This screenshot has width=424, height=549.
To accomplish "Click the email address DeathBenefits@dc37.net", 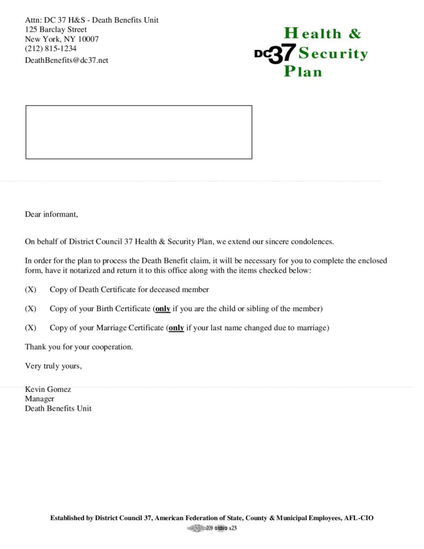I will click(x=66, y=60).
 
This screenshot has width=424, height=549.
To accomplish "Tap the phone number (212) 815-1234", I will click(x=51, y=49).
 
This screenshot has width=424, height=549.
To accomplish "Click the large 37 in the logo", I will click(x=282, y=54).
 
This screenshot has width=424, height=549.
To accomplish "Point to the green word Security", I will click(x=333, y=54).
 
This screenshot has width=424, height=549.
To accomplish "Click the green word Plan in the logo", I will click(x=303, y=71).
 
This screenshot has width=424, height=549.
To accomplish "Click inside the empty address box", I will click(x=138, y=132).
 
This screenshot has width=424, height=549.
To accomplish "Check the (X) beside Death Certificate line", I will click(x=31, y=290).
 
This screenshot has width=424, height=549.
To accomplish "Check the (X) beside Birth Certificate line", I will click(x=31, y=309).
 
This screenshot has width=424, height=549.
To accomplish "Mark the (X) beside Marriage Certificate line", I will click(x=31, y=328).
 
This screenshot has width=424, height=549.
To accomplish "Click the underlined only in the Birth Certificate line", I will click(x=162, y=309).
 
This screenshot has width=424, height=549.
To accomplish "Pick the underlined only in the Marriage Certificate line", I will click(x=176, y=328).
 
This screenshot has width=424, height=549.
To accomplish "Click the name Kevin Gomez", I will click(x=48, y=389).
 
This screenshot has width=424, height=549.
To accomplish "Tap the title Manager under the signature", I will click(x=40, y=399).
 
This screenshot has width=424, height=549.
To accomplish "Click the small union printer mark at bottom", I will click(x=212, y=529).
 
